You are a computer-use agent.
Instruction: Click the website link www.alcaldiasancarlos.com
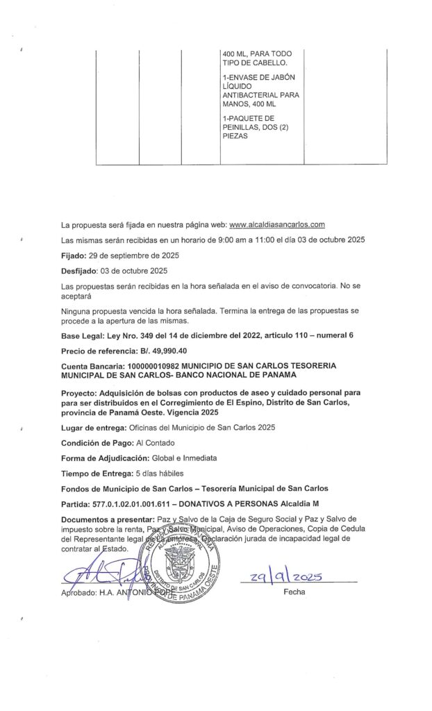[x=277, y=225]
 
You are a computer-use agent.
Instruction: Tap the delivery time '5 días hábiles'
[x=163, y=474]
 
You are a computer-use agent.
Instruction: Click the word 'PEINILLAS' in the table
[x=239, y=127]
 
